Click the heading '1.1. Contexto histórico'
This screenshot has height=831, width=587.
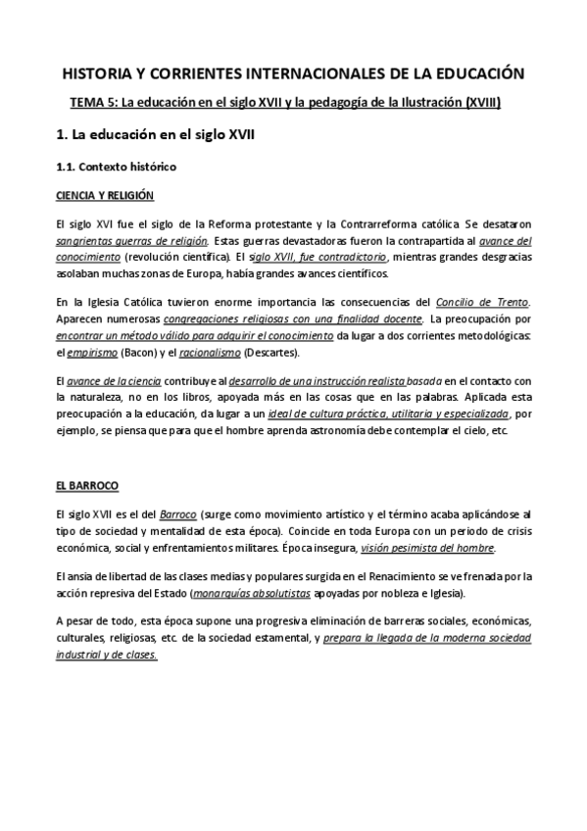(116, 167)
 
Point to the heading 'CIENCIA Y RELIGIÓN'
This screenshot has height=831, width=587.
(105, 196)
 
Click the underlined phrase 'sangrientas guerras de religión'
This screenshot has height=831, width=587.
(131, 241)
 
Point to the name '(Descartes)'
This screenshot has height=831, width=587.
(277, 353)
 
